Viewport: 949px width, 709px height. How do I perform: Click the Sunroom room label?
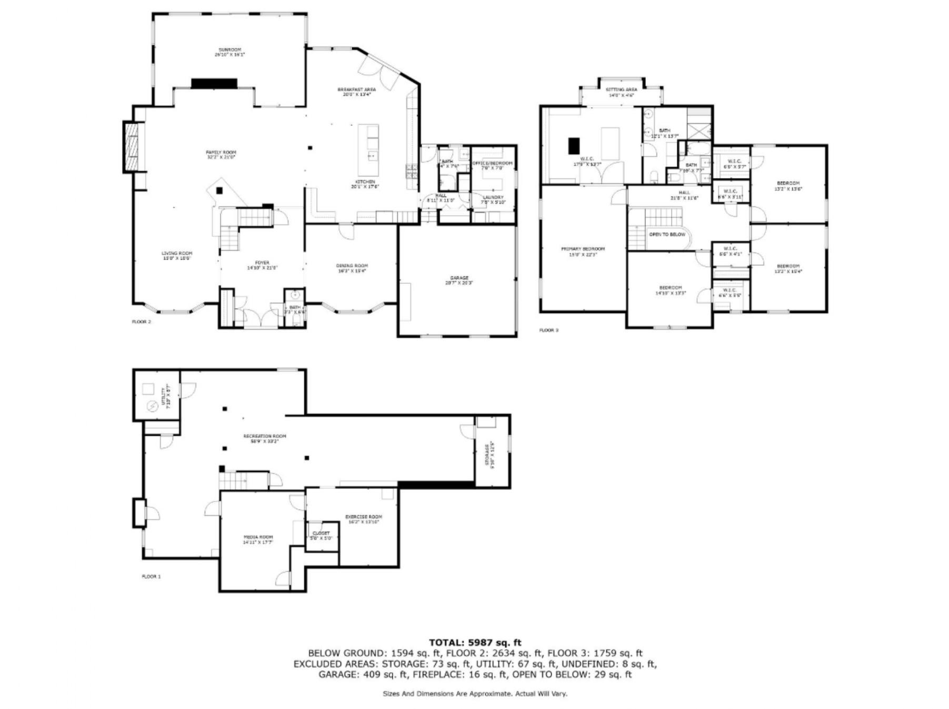(230, 52)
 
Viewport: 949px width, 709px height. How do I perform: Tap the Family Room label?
(221, 154)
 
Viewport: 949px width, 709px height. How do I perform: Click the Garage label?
(459, 280)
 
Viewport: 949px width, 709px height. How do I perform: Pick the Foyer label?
(262, 265)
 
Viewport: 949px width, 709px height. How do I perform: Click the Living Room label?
(177, 255)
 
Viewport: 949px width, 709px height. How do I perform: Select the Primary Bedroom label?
(583, 251)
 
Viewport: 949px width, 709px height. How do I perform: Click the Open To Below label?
(667, 234)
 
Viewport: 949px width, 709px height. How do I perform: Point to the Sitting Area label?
(622, 92)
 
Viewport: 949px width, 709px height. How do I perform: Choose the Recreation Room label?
(265, 438)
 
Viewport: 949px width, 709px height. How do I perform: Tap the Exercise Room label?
(363, 519)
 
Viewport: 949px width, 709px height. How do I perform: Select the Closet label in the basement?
(321, 535)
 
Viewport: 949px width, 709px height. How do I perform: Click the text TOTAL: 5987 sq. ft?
(475, 642)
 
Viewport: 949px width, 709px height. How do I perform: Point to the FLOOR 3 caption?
(549, 330)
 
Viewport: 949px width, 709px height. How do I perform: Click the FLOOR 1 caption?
(151, 576)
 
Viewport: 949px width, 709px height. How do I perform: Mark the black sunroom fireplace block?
(214, 83)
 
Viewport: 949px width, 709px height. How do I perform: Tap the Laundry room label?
(493, 199)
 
